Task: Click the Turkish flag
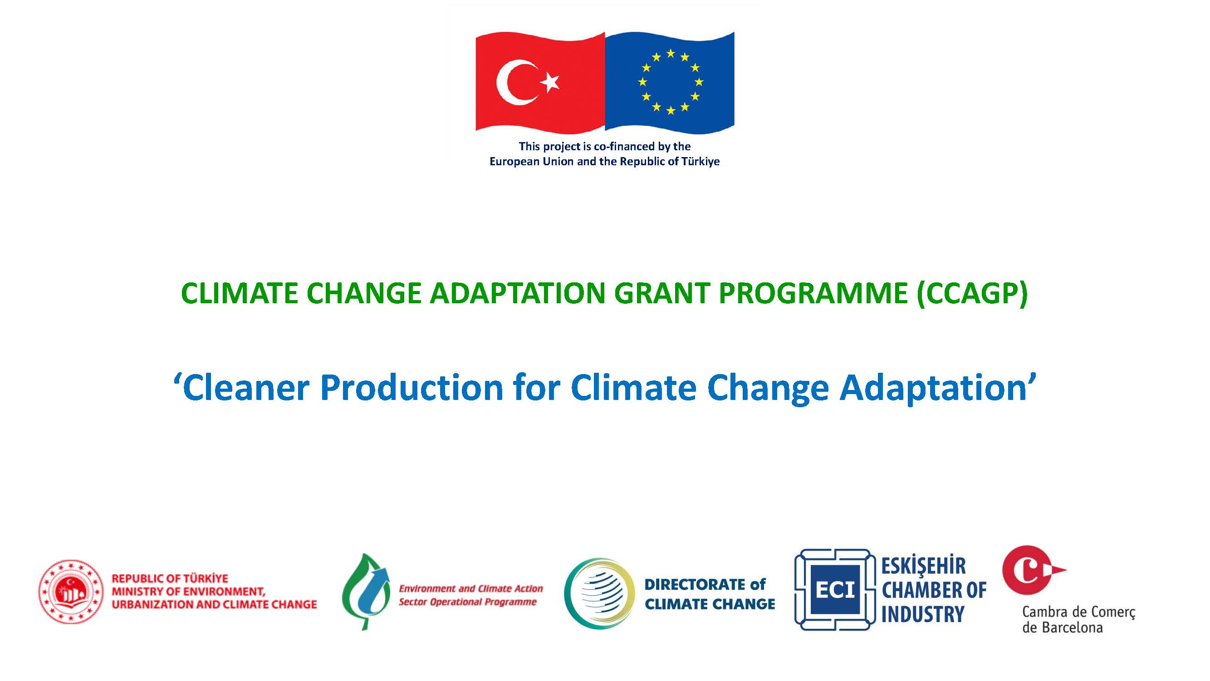pos(540,81)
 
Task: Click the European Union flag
pos(670,81)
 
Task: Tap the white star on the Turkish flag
pos(550,83)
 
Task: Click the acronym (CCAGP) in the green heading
pos(972,293)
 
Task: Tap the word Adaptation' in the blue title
pos(938,388)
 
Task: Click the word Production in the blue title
pos(412,388)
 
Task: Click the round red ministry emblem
pos(70,592)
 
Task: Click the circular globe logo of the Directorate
pos(600,593)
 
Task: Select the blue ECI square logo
pos(835,590)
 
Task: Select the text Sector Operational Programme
pos(468,602)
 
